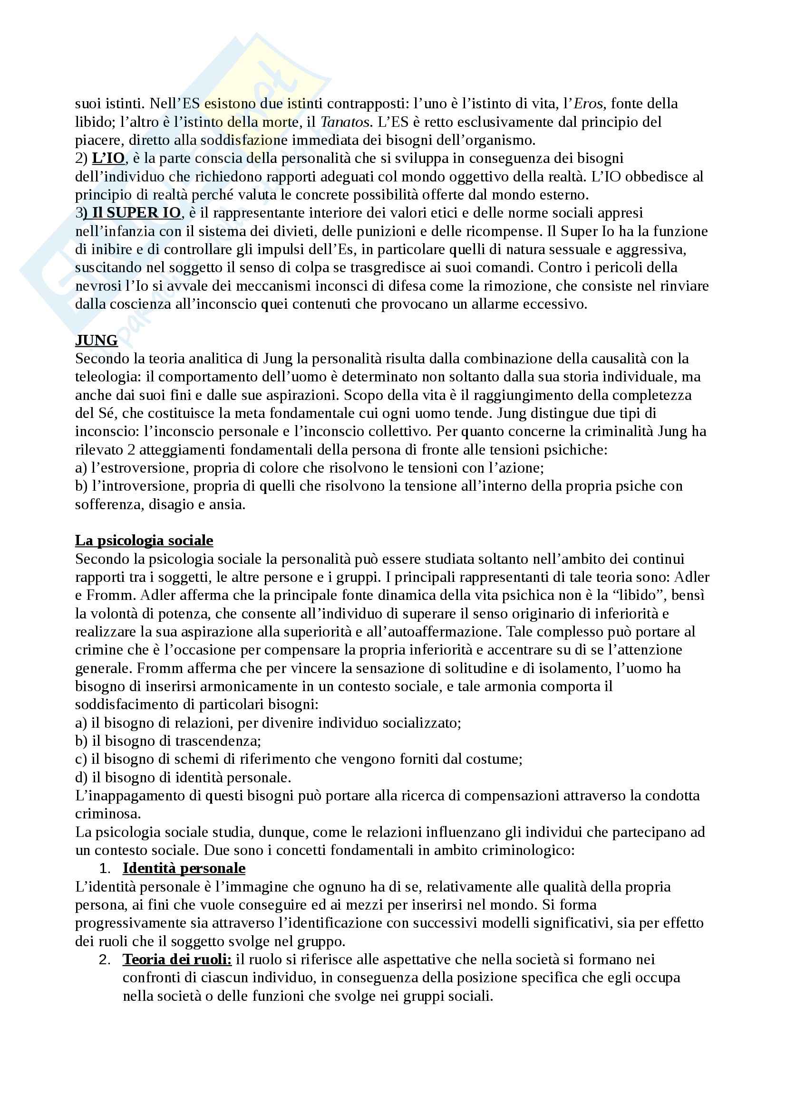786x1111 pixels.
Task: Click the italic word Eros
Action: pos(588,104)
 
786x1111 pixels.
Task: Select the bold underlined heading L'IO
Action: pos(108,158)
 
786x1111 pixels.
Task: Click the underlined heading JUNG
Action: pos(97,341)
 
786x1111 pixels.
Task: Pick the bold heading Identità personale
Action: pos(184,869)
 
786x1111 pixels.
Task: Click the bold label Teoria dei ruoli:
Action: pos(177,959)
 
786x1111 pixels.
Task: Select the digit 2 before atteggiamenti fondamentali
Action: pos(131,450)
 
